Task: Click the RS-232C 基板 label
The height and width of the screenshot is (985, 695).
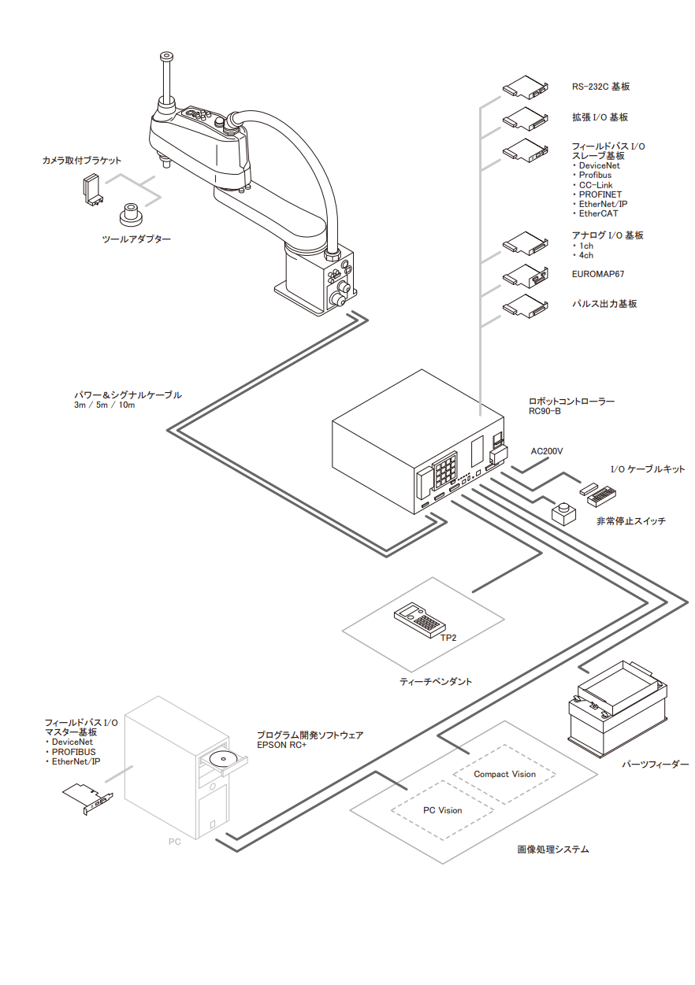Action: click(x=600, y=87)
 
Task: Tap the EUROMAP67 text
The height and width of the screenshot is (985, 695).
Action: click(x=598, y=275)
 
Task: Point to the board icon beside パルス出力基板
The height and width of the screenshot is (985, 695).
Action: click(x=525, y=305)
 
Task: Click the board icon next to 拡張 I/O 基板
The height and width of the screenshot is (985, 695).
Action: click(x=525, y=118)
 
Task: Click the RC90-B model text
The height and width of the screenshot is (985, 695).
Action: click(x=544, y=411)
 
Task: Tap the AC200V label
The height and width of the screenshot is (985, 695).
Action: click(x=547, y=451)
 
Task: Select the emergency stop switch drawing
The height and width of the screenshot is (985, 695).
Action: click(x=562, y=513)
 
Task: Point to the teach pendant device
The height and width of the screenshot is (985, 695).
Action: click(x=417, y=619)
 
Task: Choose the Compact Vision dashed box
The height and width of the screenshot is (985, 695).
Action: click(x=504, y=774)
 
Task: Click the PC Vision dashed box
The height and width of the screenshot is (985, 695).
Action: click(x=442, y=810)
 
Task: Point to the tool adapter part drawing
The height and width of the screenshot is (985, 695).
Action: click(x=129, y=213)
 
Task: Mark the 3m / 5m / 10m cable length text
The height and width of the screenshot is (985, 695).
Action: click(x=104, y=405)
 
